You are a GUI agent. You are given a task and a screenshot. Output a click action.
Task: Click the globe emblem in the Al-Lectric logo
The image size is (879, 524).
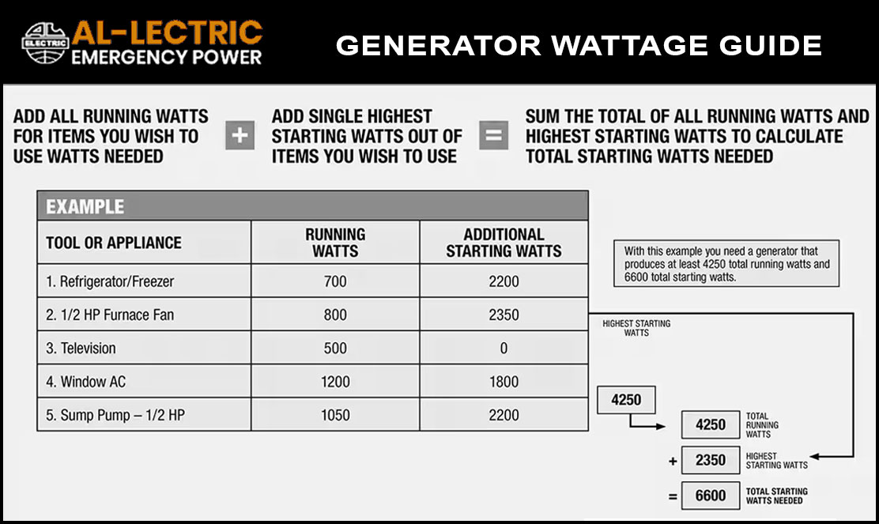tap(45, 43)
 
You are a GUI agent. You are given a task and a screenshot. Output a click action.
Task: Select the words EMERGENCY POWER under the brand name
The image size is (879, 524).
tap(167, 57)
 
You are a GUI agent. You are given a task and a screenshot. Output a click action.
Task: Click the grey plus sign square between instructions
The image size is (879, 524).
tap(240, 135)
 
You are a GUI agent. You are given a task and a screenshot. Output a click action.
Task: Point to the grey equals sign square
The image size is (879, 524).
tap(494, 135)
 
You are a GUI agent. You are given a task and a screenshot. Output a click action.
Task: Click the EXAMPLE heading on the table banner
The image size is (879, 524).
tap(85, 207)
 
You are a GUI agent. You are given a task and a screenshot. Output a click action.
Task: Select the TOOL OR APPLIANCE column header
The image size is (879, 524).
tap(114, 243)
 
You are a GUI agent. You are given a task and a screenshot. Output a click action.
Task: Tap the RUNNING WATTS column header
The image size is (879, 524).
tap(335, 243)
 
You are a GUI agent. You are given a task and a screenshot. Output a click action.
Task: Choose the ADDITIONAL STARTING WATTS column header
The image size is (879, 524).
tap(504, 243)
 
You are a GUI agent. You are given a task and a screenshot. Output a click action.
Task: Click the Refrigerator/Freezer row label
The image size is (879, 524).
tap(110, 281)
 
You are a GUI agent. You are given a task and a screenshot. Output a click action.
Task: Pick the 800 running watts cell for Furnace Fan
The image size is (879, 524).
tap(335, 315)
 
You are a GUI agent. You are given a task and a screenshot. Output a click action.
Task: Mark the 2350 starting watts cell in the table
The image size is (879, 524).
tap(504, 315)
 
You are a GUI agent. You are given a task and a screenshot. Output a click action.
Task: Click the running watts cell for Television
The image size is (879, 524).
tap(335, 348)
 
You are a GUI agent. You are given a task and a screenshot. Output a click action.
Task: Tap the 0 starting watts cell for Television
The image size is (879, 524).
tap(504, 348)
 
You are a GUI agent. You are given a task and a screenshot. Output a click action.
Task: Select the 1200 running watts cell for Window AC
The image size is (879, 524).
tap(335, 382)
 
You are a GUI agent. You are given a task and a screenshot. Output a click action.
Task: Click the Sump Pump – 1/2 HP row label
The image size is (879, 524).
tap(115, 415)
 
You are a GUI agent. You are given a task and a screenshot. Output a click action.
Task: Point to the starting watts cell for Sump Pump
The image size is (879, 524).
tap(504, 415)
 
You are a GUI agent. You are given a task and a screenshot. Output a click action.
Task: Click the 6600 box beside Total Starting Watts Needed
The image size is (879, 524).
tap(711, 496)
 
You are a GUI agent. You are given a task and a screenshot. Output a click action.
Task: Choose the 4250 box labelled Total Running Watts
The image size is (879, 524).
tap(711, 424)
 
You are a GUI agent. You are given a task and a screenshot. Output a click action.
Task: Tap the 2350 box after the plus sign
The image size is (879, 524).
tap(711, 460)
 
